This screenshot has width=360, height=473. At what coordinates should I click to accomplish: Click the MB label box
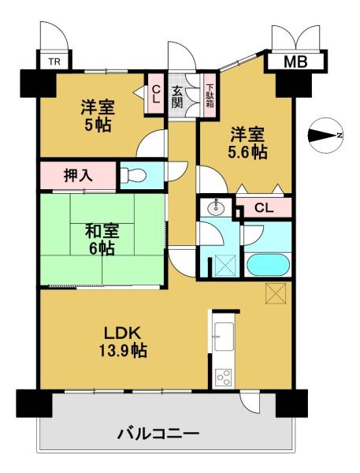click(295, 61)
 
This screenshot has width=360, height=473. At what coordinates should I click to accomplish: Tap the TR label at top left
click(54, 61)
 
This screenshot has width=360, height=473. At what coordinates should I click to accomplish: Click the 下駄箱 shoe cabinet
click(210, 95)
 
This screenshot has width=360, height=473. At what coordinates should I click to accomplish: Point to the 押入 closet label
click(78, 176)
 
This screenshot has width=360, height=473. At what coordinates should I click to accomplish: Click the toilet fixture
click(133, 175)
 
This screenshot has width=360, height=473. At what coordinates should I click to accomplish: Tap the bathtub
click(268, 265)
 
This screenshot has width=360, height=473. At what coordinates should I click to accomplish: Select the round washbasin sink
click(216, 207)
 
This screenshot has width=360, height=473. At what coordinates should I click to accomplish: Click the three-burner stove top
click(224, 378)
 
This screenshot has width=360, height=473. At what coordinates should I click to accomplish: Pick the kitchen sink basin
click(224, 337)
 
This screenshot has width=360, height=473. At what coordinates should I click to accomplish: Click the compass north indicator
click(325, 135)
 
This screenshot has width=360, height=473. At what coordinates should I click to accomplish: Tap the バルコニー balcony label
click(158, 434)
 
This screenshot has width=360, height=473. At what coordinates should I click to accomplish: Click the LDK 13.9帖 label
click(123, 342)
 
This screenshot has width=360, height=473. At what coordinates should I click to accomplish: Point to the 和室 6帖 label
click(102, 240)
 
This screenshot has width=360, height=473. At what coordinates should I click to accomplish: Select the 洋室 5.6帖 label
click(248, 143)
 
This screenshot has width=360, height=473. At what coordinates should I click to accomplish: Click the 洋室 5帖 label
click(98, 116)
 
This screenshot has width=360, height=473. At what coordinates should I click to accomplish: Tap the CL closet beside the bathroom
click(264, 207)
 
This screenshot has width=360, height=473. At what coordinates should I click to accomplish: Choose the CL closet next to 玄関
click(155, 94)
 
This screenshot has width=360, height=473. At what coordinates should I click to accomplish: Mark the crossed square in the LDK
click(276, 294)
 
